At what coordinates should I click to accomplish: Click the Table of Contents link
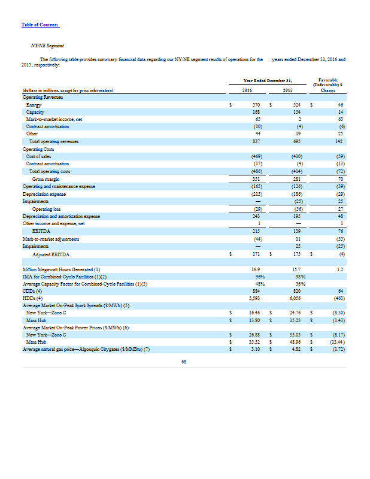tap(41, 25)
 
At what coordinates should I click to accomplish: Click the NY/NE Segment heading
tap(47, 46)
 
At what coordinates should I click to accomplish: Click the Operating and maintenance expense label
tap(59, 186)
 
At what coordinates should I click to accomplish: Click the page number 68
tap(184, 360)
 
